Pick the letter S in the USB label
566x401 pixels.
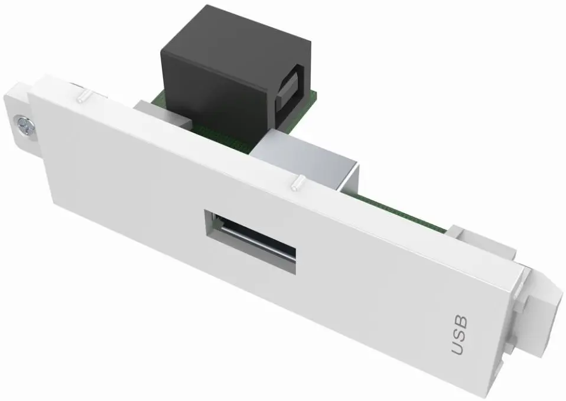460,335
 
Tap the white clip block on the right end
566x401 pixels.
535,319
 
